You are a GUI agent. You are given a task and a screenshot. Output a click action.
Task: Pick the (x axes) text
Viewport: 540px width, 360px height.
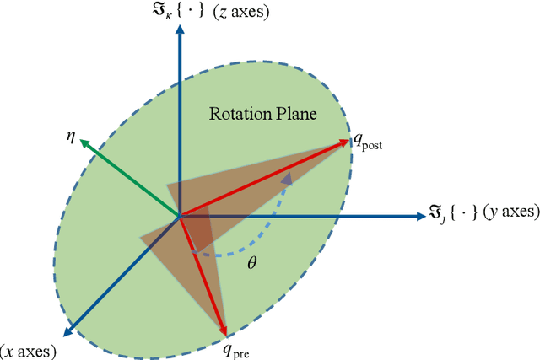pyautogui.click(x=29, y=348)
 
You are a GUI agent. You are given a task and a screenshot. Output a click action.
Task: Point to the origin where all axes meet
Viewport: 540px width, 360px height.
pyautogui.click(x=180, y=218)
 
